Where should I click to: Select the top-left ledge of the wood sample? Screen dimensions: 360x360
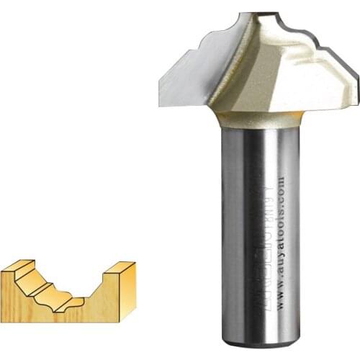tap(17, 267)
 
